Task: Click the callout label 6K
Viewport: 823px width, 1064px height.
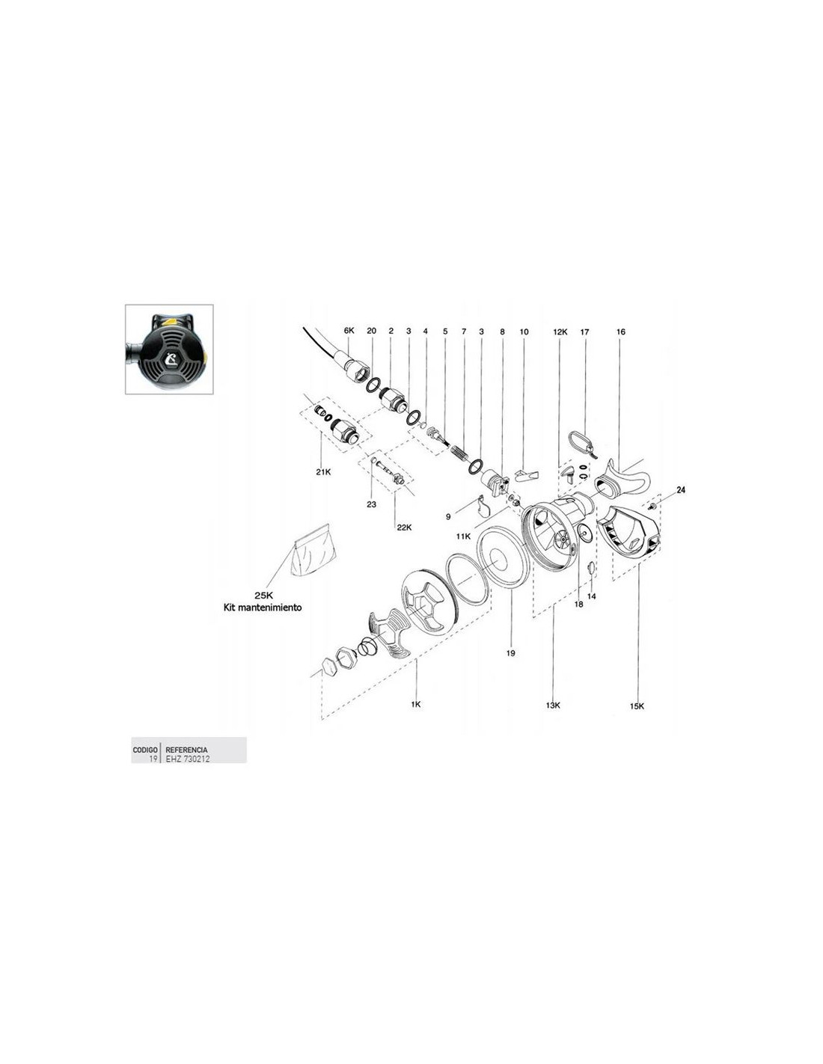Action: [349, 331]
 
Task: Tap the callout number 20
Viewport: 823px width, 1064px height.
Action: [372, 331]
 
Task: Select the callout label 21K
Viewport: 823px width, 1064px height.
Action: [322, 472]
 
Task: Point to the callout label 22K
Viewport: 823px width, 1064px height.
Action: [404, 528]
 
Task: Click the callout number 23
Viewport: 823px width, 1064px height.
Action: [372, 504]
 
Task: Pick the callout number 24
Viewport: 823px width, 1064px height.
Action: [681, 489]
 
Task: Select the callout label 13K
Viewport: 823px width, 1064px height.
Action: [553, 705]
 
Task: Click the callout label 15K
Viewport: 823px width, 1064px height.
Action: [637, 706]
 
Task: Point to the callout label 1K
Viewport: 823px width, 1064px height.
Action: [416, 704]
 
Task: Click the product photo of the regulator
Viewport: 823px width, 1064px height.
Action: [169, 349]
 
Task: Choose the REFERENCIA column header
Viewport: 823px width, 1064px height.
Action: [186, 750]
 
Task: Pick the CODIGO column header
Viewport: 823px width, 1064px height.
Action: [145, 750]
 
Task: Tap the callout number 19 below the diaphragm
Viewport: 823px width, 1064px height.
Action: [511, 652]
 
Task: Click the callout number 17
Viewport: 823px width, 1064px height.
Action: [584, 331]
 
